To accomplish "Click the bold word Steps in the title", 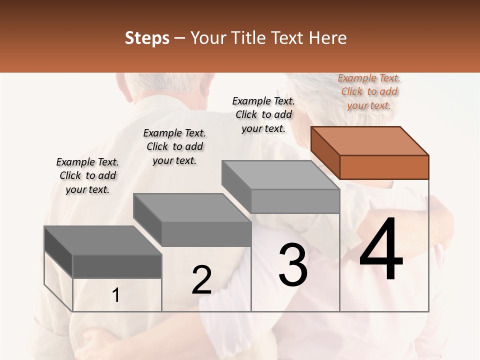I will [x=147, y=38].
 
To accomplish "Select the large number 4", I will [x=381, y=250].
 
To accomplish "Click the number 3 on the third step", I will [x=293, y=265].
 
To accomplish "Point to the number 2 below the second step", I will [x=201, y=280].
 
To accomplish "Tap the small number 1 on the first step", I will [x=116, y=295].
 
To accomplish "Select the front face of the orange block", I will [x=384, y=167].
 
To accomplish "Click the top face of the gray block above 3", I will [x=280, y=175].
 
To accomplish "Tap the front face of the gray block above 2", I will [x=206, y=234].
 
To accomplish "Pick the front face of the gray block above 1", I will [x=117, y=266].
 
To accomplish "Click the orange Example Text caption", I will [x=369, y=91].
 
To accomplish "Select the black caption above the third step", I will [x=263, y=114].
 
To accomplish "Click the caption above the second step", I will [x=174, y=146].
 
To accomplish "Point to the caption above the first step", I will [x=87, y=175].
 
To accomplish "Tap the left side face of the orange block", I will [x=325, y=152].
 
